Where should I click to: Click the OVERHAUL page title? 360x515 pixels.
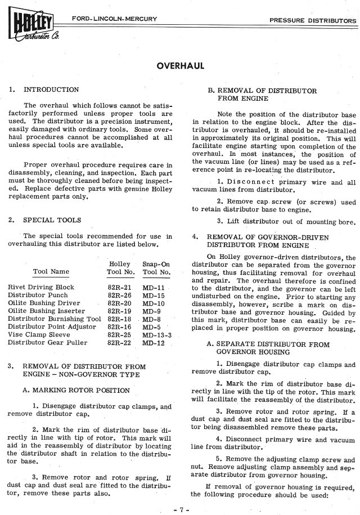click(x=180, y=66)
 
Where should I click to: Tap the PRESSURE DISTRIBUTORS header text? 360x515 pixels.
click(x=313, y=20)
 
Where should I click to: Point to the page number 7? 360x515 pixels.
click(x=179, y=509)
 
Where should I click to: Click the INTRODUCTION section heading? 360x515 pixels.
click(x=51, y=89)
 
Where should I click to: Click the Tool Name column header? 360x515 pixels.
click(x=51, y=272)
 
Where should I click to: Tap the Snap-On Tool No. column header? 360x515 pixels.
click(x=156, y=268)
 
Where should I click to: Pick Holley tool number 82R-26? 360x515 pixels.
click(x=119, y=295)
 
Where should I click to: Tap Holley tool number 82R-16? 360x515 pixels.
click(x=119, y=326)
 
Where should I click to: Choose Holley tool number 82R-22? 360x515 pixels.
click(x=119, y=342)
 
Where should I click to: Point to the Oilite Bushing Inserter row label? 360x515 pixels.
click(x=46, y=311)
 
